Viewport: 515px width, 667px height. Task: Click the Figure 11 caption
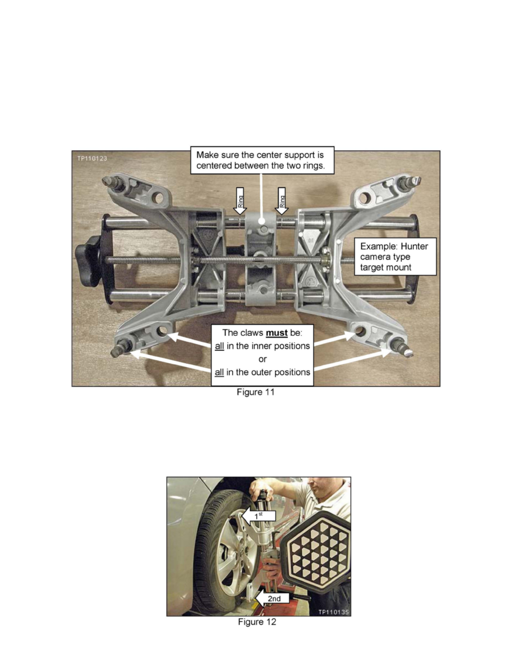(x=255, y=392)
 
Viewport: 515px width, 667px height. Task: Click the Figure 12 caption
(x=256, y=622)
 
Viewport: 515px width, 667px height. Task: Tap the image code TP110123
(x=92, y=158)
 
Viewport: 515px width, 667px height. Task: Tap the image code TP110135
(x=334, y=612)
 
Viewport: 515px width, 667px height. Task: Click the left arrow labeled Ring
(x=240, y=200)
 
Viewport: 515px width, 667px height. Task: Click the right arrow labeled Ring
(x=281, y=200)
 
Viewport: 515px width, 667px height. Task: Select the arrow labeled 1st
(x=259, y=516)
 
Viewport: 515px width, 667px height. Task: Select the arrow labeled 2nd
(x=273, y=599)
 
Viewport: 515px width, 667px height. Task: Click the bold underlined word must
(x=277, y=332)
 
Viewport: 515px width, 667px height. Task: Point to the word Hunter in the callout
(x=414, y=246)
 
